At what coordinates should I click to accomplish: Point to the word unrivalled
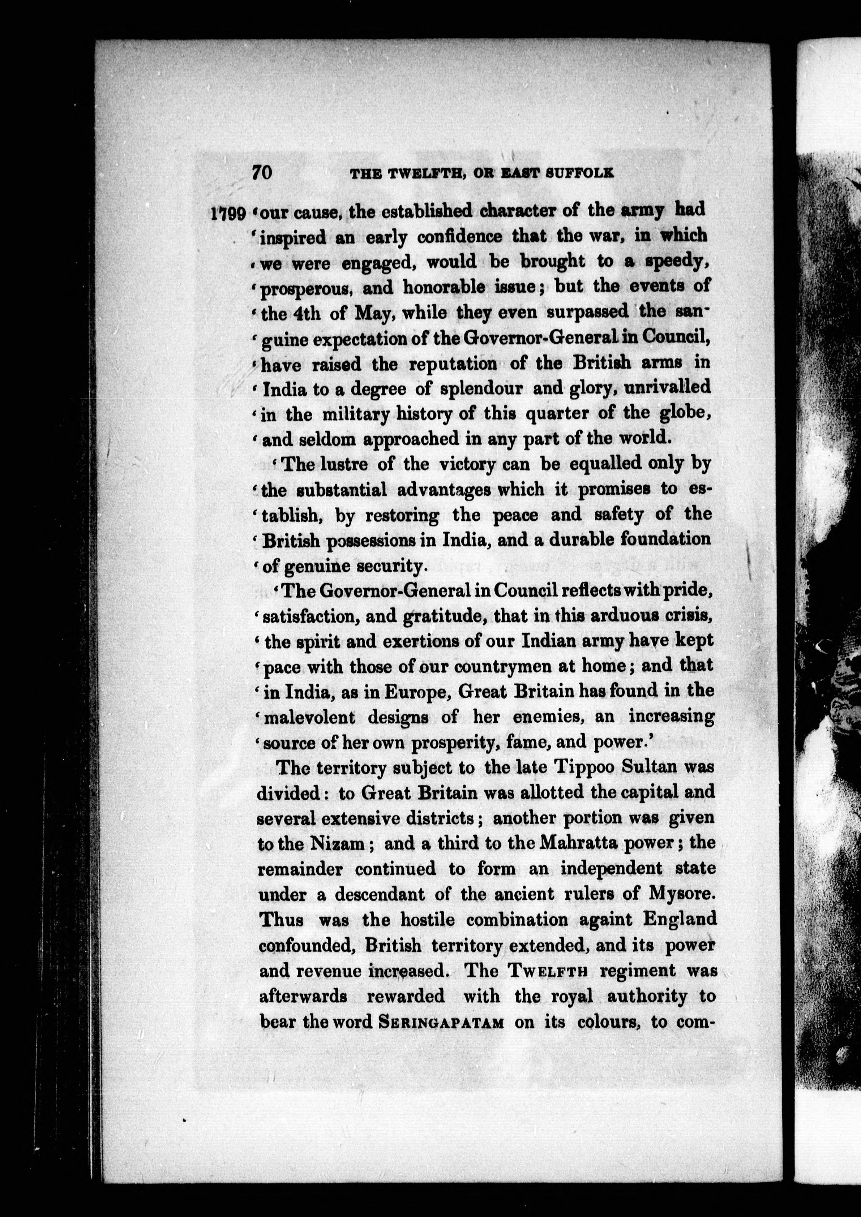pyautogui.click(x=667, y=388)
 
